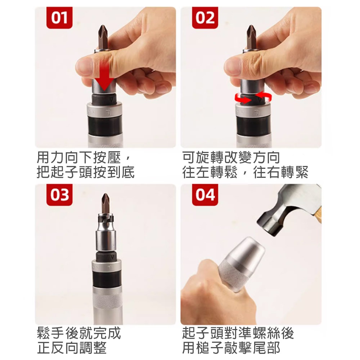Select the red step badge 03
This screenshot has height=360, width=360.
(x=59, y=195)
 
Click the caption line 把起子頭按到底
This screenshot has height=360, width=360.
(x=86, y=172)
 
